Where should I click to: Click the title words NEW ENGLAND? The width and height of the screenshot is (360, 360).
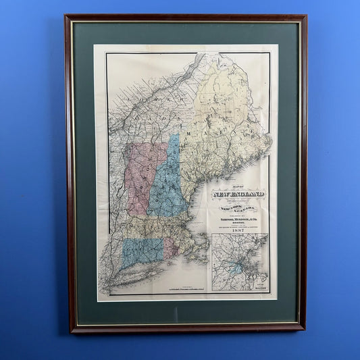pos(239,195)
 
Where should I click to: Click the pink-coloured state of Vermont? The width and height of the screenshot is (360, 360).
pos(143,177)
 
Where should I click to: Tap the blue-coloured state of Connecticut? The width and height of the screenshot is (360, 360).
pos(141,251)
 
